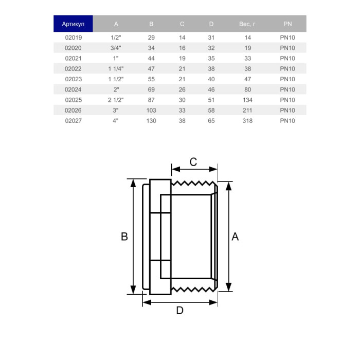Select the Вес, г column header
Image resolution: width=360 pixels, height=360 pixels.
coord(247,24)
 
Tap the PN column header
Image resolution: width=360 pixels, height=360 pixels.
coord(287,24)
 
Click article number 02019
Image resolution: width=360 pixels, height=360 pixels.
coord(74,38)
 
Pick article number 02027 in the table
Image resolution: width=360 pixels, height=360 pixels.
coord(74,121)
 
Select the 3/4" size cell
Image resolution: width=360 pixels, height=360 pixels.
coord(116,48)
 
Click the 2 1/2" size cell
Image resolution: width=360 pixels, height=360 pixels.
coord(116,100)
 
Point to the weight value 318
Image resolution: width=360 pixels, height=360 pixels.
coord(247,121)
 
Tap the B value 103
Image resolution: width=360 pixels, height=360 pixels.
coord(151,111)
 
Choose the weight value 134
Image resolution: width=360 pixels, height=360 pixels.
coord(247,100)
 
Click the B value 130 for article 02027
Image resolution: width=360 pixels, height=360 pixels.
coord(151,121)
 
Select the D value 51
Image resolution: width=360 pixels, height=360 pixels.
coord(211,100)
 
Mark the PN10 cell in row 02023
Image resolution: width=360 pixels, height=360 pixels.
coord(287,79)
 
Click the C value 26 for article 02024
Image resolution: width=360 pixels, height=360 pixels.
coord(182,89)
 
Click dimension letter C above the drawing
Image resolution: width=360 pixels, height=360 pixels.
coord(193,162)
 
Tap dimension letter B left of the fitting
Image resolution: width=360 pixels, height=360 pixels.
coord(124,237)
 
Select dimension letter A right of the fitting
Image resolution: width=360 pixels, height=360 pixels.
coord(236,237)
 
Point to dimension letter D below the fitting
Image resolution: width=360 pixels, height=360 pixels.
coord(180,311)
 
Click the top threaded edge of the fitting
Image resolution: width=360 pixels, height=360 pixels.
coord(193,183)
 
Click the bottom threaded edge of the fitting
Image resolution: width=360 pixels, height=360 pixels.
coord(193,290)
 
